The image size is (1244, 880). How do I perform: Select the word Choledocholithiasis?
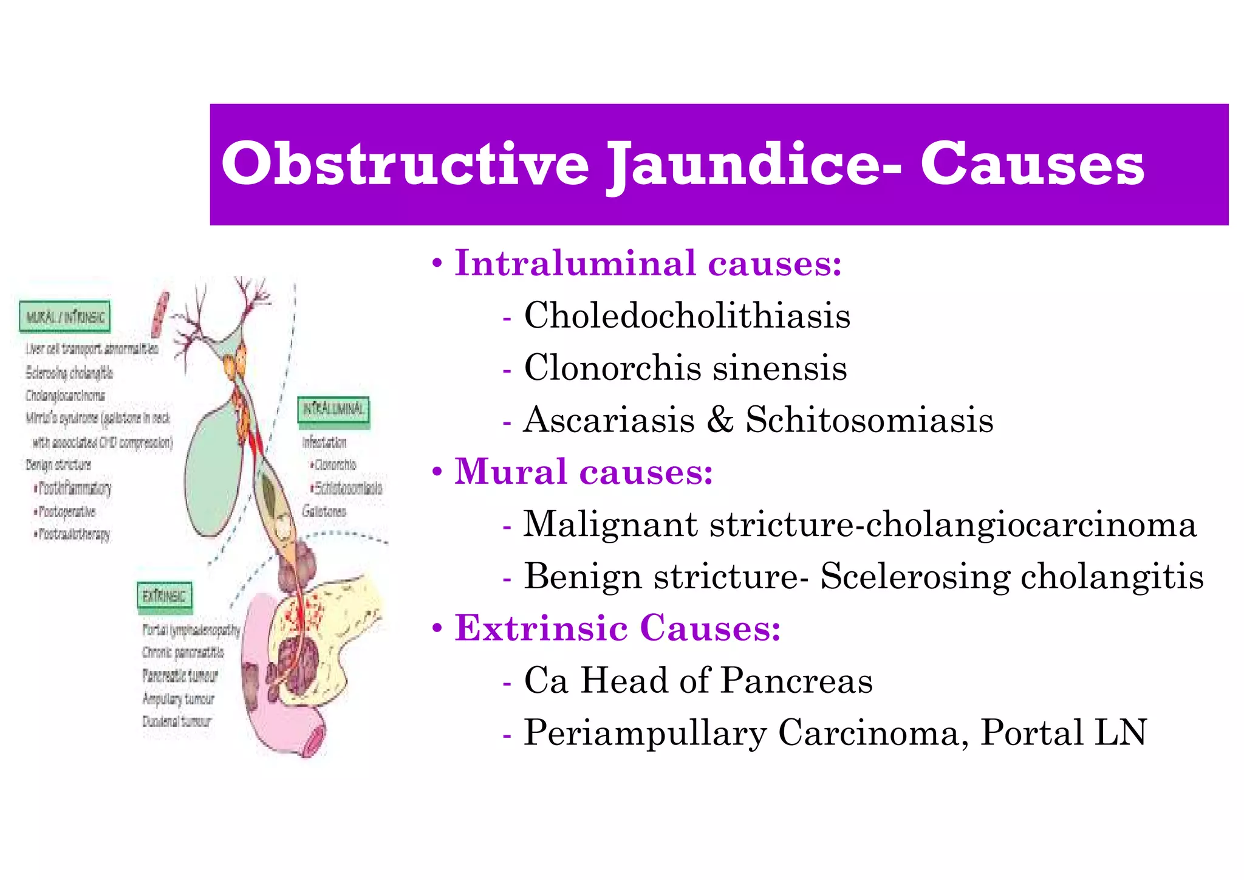tap(687, 315)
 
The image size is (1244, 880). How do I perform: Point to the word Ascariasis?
tap(609, 420)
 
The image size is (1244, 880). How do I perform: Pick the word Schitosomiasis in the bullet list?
tap(869, 420)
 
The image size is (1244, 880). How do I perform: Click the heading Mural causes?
tap(584, 472)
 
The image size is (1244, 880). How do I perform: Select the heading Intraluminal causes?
tap(648, 264)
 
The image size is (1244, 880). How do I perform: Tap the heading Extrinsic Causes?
tap(618, 628)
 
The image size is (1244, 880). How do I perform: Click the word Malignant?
tap(610, 524)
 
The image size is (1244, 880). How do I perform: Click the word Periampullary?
tap(645, 733)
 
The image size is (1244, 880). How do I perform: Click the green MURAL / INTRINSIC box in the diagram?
tap(65, 317)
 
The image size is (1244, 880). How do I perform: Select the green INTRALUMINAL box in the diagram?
tap(333, 409)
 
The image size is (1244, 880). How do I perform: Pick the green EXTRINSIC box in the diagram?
tap(164, 596)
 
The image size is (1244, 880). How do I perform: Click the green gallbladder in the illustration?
tap(216, 468)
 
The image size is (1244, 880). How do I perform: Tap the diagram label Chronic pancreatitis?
tap(183, 653)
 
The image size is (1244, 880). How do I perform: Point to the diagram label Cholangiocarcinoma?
tap(65, 396)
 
